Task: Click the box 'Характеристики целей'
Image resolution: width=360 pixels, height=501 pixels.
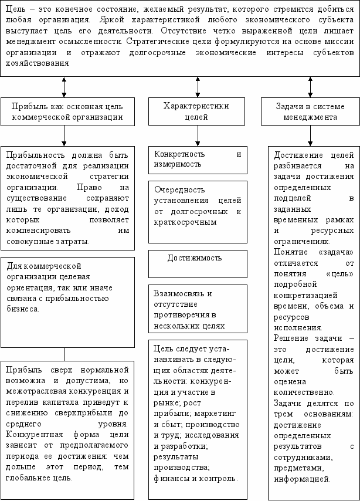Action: coord(196,111)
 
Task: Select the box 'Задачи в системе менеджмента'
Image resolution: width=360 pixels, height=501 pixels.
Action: coord(310,111)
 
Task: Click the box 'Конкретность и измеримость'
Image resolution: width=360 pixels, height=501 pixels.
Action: coord(198,159)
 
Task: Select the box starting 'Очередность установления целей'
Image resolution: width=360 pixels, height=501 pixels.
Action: coord(198,207)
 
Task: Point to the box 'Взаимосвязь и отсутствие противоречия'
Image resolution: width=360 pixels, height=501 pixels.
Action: coord(198,309)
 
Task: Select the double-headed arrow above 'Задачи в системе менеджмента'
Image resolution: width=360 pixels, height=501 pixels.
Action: coord(310,87)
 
